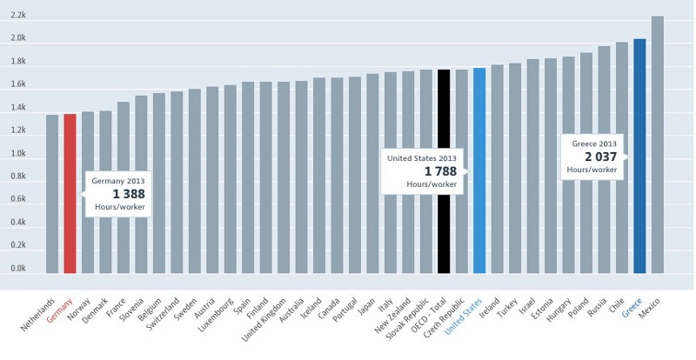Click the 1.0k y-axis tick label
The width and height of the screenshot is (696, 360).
pyautogui.click(x=18, y=154)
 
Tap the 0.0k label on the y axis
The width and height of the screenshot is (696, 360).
pyautogui.click(x=18, y=269)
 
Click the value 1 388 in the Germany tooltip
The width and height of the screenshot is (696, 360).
pyautogui.click(x=129, y=195)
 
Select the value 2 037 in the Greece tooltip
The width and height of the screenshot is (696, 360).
pyautogui.click(x=600, y=157)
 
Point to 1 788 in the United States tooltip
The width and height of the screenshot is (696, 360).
pyautogui.click(x=439, y=171)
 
